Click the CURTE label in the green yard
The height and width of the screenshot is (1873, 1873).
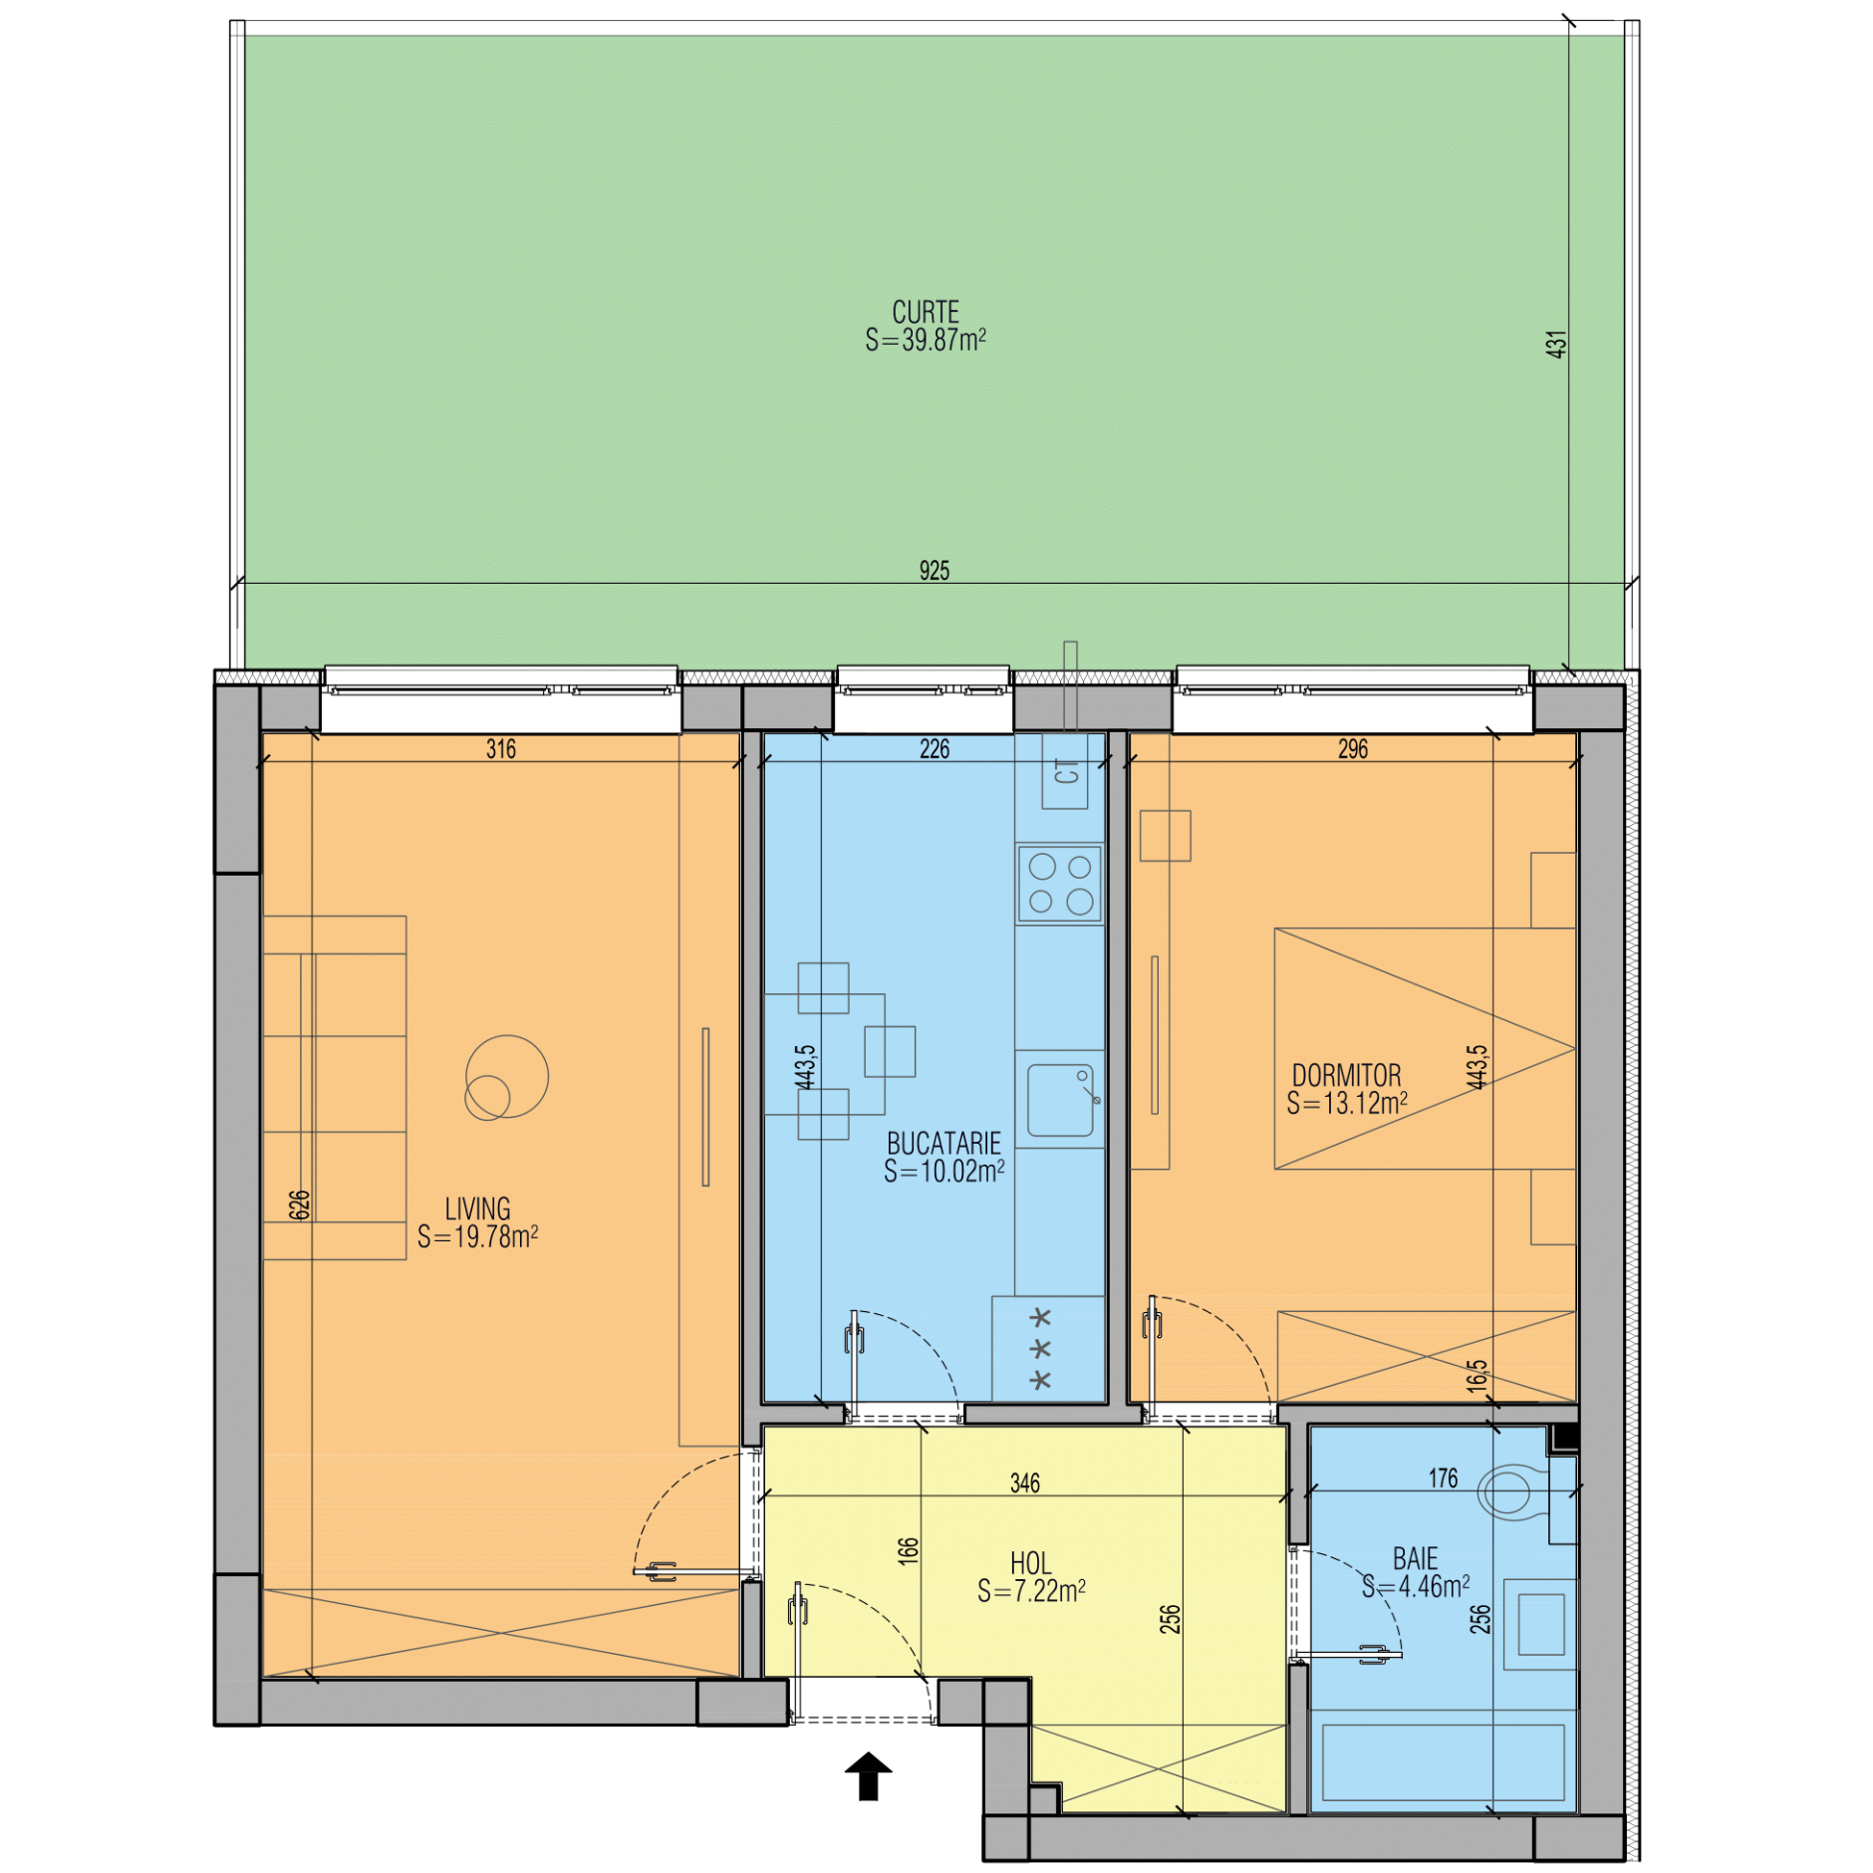(x=925, y=312)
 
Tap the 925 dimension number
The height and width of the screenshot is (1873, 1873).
(x=934, y=571)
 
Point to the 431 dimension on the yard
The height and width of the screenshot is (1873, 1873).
(x=1555, y=345)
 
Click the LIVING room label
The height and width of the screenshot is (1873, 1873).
(x=477, y=1208)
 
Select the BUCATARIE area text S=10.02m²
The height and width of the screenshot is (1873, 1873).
(x=943, y=1172)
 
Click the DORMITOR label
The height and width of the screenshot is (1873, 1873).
(x=1346, y=1075)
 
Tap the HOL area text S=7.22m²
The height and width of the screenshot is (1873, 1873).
(x=1031, y=1591)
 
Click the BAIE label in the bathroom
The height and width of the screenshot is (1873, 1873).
(x=1415, y=1558)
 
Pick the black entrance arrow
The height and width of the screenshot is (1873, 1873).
(x=868, y=1775)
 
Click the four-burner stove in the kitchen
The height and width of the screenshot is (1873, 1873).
(x=1059, y=884)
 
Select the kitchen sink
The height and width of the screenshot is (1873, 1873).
(x=1060, y=1100)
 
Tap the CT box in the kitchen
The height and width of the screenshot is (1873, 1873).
(x=1065, y=771)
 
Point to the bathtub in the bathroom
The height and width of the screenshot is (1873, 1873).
(x=1443, y=1763)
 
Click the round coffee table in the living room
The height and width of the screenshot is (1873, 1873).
(x=506, y=1077)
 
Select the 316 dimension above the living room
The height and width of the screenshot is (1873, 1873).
(x=501, y=748)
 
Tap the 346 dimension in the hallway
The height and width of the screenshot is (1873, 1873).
(x=1024, y=1483)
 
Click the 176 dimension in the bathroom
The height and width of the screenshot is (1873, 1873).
(x=1443, y=1478)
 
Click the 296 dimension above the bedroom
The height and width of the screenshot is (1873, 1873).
(x=1352, y=748)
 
